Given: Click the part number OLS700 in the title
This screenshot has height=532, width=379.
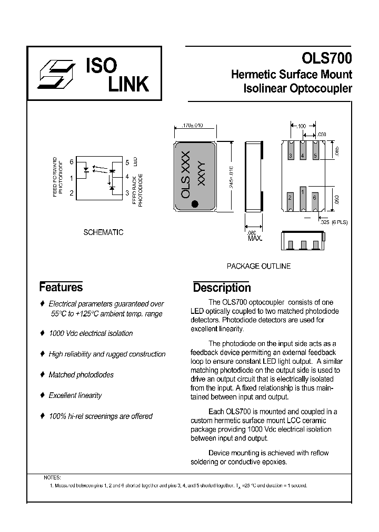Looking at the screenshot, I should tap(326, 58).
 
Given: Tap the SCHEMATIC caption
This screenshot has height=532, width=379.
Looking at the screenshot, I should tap(103, 232).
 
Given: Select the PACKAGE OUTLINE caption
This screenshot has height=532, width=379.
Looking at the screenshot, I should tap(258, 266).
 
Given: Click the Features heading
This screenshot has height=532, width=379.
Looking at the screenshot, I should tap(61, 287).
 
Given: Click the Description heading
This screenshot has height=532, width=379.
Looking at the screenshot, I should tap(222, 288).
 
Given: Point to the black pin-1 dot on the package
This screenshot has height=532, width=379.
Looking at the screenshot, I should tap(195, 203).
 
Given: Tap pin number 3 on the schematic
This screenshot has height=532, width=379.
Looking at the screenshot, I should tap(127, 193).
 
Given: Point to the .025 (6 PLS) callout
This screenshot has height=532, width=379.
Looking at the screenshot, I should tap(334, 222).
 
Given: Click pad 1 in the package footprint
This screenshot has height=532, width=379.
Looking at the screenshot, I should tap(302, 193).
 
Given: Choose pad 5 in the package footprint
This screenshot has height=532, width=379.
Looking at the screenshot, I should tap(315, 156).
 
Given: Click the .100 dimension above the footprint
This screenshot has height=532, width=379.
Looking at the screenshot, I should tap(302, 127).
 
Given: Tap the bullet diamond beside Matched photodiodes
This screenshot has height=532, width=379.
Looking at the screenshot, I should tap(43, 375).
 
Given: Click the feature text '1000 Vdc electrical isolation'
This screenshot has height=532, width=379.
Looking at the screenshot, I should tap(91, 333).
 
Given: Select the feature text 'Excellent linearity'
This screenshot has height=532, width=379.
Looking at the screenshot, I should tap(75, 395).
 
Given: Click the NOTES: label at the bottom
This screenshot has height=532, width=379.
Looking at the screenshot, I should tap(52, 477).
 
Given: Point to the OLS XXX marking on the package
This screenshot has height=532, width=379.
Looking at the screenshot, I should tap(185, 176).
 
